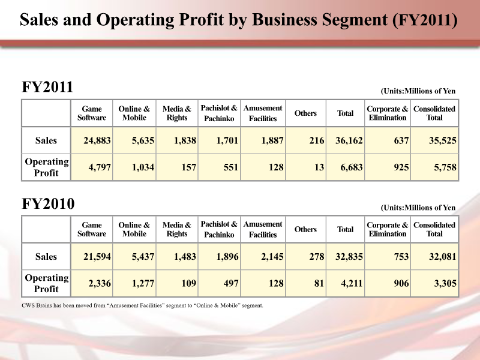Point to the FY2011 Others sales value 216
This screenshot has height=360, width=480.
click(x=316, y=140)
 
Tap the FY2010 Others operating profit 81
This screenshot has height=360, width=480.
click(x=319, y=284)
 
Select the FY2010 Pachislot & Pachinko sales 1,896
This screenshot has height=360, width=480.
click(x=226, y=257)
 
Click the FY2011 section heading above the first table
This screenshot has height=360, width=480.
click(x=47, y=88)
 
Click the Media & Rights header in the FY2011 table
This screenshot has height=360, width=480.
click(x=177, y=113)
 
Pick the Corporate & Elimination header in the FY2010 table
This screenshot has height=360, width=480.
click(x=388, y=230)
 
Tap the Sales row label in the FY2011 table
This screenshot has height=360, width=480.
click(x=46, y=140)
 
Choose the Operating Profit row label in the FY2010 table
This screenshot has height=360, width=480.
click(x=46, y=283)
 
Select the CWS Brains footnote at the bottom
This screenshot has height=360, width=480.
click(x=142, y=305)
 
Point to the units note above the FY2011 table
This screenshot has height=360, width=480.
click(x=418, y=91)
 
